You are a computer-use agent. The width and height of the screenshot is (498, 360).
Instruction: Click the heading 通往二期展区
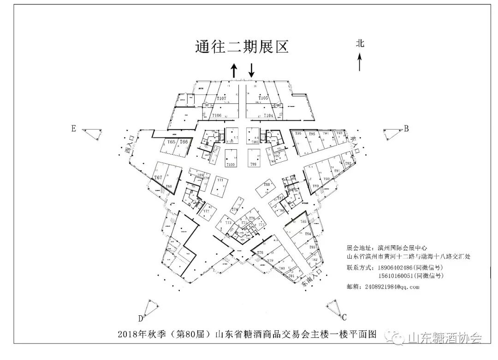point(242,47)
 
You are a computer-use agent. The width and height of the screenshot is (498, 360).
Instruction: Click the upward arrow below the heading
point(234,71)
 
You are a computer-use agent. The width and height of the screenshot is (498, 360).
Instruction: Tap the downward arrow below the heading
point(251,70)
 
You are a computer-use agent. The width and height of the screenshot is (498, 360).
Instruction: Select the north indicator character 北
point(360,43)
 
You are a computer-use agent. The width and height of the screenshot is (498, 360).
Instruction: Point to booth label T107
point(221,99)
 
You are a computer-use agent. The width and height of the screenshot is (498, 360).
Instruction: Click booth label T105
point(263,98)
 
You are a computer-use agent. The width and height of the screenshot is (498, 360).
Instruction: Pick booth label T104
point(269,115)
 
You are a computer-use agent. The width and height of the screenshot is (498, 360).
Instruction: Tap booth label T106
point(216,115)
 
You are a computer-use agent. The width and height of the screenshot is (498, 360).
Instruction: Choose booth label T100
point(230,164)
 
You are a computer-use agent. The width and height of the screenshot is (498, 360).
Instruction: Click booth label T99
point(253,164)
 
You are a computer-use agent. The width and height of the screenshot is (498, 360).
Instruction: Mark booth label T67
point(158,177)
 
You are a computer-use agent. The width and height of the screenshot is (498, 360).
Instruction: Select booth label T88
point(267,184)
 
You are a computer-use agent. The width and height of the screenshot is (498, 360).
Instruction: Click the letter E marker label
point(73,129)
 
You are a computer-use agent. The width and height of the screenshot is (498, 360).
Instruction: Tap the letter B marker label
point(406,129)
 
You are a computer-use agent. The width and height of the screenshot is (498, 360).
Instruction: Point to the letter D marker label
point(140,318)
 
